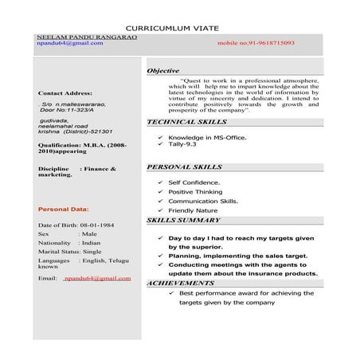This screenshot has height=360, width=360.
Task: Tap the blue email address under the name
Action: point(70,44)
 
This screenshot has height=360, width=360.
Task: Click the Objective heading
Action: point(163,71)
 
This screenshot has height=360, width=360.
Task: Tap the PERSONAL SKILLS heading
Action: point(185,167)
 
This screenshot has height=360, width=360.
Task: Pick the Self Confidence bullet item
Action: point(196,182)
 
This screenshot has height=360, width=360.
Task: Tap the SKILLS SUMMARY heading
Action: point(184,220)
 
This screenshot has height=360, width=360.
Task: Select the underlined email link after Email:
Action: point(97,278)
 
